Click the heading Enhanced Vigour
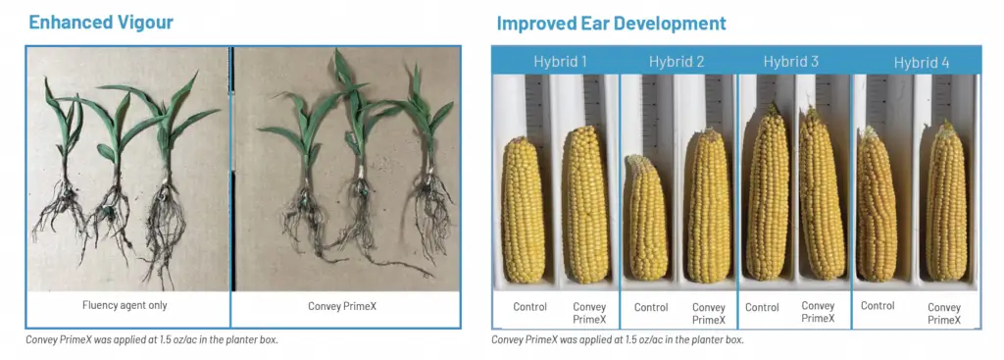coord(101,22)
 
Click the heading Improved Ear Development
coord(612,24)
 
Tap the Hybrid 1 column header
coord(560,62)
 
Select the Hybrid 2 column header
coord(677,62)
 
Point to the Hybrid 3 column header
coord(791,62)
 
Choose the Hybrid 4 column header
coord(922,63)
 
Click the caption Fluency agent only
coord(125,305)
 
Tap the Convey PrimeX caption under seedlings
coord(342,306)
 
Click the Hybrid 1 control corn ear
coord(523,210)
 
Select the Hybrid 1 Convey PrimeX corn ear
coord(585,204)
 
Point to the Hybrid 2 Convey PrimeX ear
coord(709,205)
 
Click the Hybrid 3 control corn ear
coord(769,192)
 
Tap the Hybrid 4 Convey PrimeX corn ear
coord(946,202)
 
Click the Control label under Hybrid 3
coord(762,307)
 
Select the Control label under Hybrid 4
coord(878,306)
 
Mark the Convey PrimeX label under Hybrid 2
coord(709,314)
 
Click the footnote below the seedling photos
coord(152,339)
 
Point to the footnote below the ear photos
coord(618,339)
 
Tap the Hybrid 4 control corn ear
coord(877,204)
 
